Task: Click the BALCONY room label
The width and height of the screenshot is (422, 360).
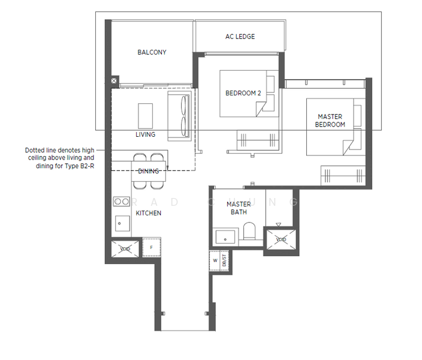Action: pos(152,52)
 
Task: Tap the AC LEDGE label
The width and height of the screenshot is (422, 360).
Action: pos(240,37)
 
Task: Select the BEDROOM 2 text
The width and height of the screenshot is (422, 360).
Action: pos(243,93)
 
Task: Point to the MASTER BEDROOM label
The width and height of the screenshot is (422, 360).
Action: pos(331,121)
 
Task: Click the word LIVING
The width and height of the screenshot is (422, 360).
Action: pos(145,134)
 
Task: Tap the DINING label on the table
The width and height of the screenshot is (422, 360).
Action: pos(148,171)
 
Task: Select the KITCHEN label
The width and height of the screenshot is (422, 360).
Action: pos(148,213)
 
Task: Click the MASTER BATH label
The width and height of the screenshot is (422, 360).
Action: pos(239,208)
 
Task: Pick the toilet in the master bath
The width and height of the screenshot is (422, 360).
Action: pos(249,233)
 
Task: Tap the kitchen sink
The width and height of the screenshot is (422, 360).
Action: pos(122,224)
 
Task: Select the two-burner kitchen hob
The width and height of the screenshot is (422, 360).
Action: pos(122,202)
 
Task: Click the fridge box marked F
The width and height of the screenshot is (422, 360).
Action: pos(151,247)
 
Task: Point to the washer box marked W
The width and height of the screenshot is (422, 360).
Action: pos(215,260)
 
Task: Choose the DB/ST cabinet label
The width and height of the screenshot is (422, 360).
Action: pos(225,260)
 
